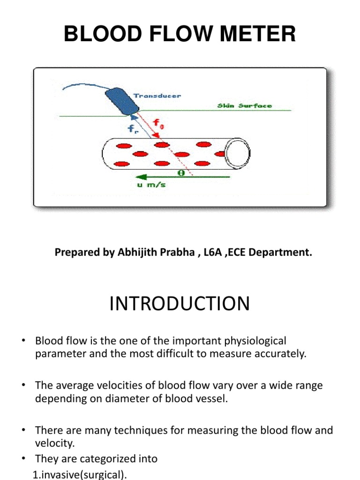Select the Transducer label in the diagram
[157, 96]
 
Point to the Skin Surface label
[244, 106]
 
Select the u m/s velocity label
[150, 185]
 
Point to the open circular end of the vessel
[238, 154]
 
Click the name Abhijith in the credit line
[137, 253]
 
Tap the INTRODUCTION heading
[180, 304]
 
